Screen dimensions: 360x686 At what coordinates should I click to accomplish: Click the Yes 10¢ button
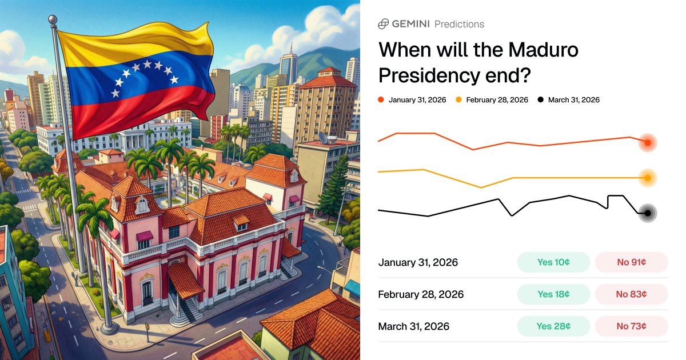click(x=553, y=262)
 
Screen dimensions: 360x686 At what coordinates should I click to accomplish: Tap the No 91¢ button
click(x=631, y=262)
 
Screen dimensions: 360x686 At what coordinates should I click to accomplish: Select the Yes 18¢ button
click(x=553, y=294)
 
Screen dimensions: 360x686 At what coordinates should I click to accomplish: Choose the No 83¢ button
click(x=631, y=294)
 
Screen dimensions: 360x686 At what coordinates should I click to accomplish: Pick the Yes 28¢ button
click(x=553, y=326)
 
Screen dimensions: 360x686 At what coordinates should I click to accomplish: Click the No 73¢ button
click(x=631, y=326)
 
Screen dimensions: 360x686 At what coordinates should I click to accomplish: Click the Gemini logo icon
click(x=384, y=24)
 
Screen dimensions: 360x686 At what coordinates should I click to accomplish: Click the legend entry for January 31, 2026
click(x=413, y=100)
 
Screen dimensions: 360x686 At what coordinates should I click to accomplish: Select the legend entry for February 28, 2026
click(x=492, y=100)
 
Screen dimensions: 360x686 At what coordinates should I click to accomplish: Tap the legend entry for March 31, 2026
click(x=569, y=100)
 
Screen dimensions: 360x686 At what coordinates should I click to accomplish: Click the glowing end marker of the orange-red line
click(x=648, y=143)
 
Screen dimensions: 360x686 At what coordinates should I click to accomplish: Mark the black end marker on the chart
click(x=648, y=213)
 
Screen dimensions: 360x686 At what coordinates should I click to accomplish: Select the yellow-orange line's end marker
click(x=648, y=178)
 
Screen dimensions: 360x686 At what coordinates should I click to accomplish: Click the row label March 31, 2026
click(x=414, y=326)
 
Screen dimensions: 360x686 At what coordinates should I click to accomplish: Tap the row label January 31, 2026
click(x=418, y=262)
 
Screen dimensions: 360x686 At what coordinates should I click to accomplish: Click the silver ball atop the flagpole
click(x=53, y=20)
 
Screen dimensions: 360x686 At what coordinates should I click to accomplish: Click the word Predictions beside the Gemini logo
click(x=459, y=24)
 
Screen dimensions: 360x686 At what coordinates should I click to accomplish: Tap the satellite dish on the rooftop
click(x=324, y=138)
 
